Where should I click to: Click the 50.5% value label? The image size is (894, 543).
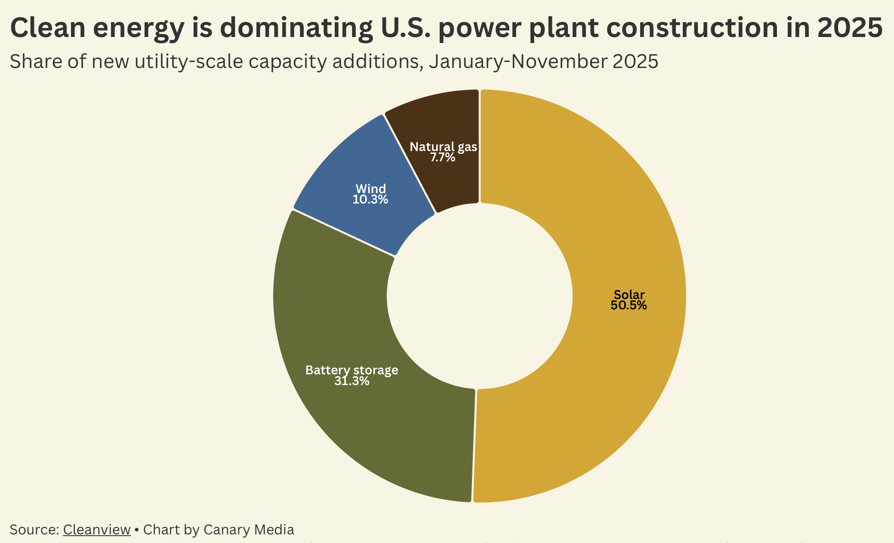coord(629,305)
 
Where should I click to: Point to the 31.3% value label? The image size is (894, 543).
coord(351,381)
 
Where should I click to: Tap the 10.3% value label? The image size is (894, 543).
coord(370,200)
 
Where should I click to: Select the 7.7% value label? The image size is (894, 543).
coord(443,157)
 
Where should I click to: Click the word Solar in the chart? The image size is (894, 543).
coord(629,295)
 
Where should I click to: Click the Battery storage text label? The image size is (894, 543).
coord(351,370)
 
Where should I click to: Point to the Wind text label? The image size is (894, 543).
coord(370,188)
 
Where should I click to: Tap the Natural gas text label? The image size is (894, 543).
coord(443,147)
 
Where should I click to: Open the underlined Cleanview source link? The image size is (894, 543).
coord(96,530)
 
